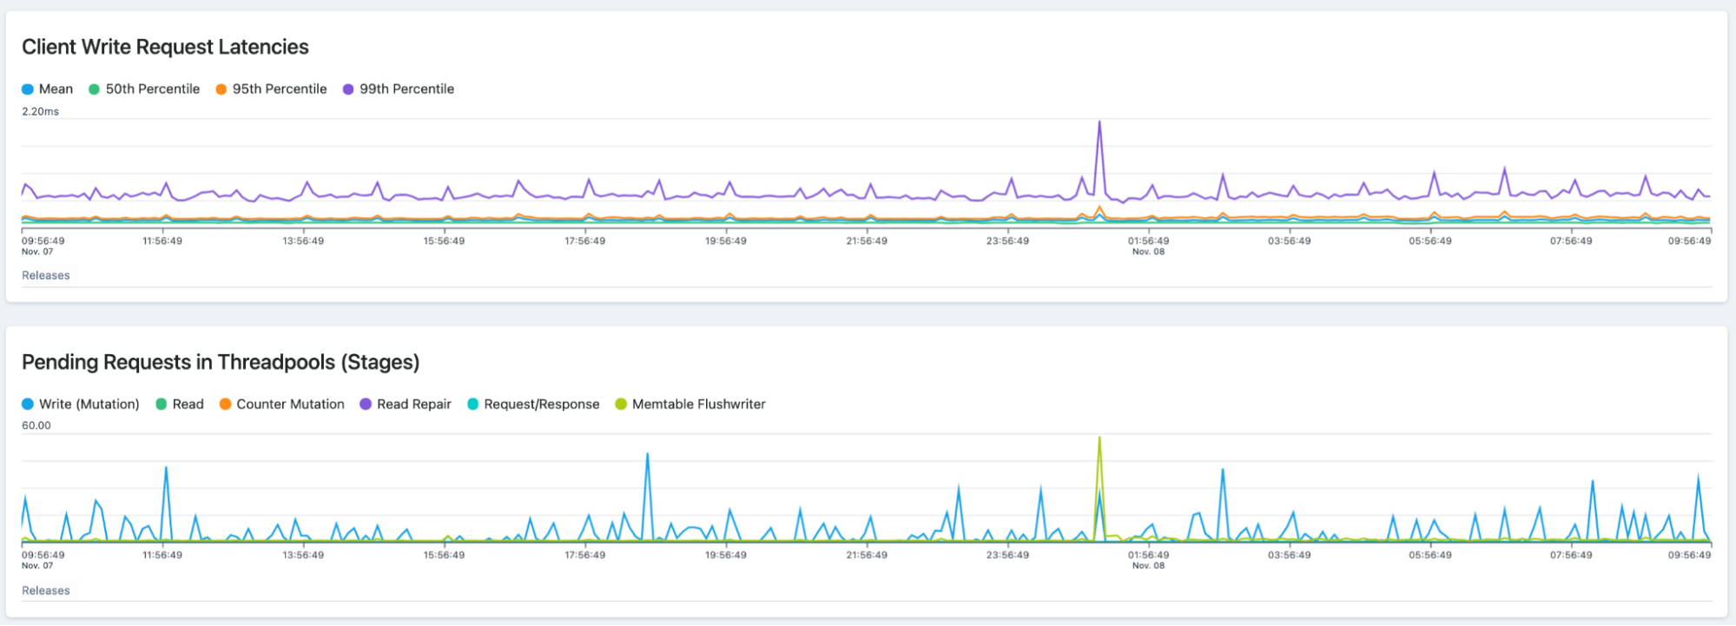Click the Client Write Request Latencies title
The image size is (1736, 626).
point(165,47)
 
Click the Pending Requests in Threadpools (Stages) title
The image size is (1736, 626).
point(221,362)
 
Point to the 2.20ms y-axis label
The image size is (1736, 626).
point(41,112)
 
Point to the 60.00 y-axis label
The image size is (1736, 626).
point(36,425)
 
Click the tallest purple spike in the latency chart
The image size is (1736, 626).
point(1099,122)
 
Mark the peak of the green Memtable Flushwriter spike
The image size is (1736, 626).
point(1099,438)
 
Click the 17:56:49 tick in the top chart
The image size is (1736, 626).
point(584,241)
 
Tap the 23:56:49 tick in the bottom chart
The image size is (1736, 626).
point(1007,555)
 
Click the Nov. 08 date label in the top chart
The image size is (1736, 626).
point(1148,252)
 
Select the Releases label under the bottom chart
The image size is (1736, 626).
point(46,590)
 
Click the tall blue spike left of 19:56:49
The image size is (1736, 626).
point(647,454)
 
